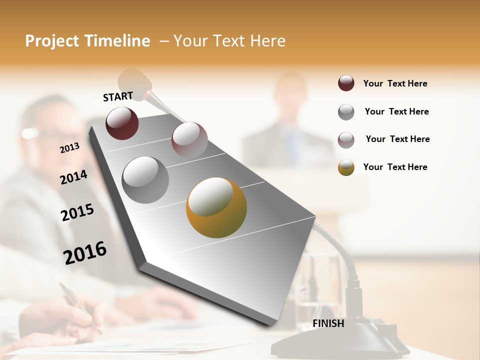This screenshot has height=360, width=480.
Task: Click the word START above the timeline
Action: (x=118, y=96)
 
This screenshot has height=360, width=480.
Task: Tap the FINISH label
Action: (x=328, y=323)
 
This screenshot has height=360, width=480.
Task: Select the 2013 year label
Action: (x=70, y=148)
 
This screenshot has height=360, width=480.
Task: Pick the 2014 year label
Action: (x=74, y=177)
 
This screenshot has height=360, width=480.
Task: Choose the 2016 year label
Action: (x=85, y=253)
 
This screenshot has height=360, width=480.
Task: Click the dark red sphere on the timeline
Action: (x=122, y=123)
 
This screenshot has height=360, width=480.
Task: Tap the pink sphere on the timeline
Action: (x=189, y=139)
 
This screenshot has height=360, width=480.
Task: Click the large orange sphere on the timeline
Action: (x=216, y=207)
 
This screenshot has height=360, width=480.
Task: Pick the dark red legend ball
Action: (x=346, y=83)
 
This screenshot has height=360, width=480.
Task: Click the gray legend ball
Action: (x=346, y=112)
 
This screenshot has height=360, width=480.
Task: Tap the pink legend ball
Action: (x=346, y=139)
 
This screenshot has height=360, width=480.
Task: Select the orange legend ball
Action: (x=346, y=167)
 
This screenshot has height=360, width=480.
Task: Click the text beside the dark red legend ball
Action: (x=395, y=83)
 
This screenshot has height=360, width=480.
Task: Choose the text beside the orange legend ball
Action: (x=395, y=167)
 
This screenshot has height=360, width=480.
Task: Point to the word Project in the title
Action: (x=52, y=41)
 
